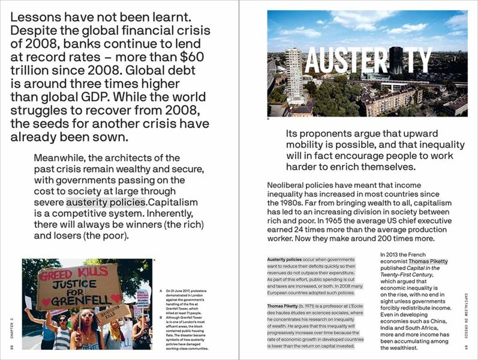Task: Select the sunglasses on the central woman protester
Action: click(88, 314)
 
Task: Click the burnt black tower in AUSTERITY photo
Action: click(396, 60)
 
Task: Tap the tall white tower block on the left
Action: click(293, 75)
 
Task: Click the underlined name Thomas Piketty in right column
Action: click(428, 262)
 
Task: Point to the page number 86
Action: click(11, 347)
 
